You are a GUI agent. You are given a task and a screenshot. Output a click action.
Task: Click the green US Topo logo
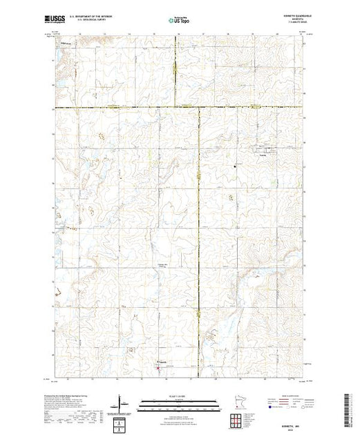tap(179, 20)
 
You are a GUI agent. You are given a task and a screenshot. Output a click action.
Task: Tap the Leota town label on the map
tap(262, 153)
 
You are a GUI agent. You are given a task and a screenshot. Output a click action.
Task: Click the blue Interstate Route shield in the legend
tap(265, 408)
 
